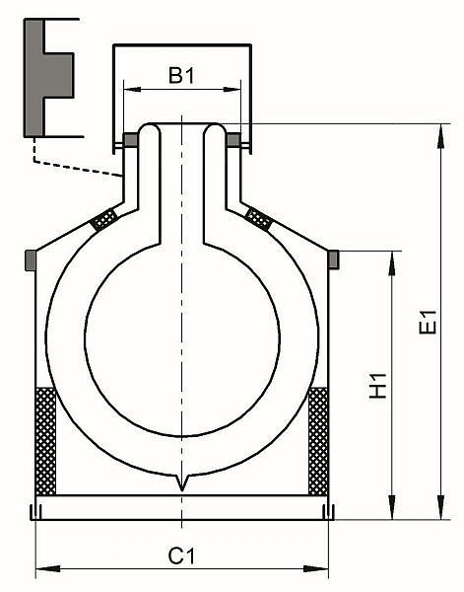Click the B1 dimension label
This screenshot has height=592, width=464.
(181, 76)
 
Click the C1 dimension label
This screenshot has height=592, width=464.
(182, 556)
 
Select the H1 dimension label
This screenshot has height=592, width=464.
(378, 386)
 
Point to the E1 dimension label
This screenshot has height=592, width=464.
(428, 322)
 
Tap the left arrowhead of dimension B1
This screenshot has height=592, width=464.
(132, 90)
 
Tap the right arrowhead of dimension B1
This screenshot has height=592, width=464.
(232, 90)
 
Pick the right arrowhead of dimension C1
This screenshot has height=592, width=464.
(316, 568)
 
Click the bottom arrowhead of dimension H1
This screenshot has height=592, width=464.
(392, 507)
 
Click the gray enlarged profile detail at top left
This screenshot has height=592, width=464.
(48, 78)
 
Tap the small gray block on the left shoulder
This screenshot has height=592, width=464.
(31, 260)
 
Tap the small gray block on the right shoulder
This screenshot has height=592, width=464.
(334, 259)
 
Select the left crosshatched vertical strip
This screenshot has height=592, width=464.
(45, 441)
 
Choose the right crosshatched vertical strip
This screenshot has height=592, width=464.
(318, 441)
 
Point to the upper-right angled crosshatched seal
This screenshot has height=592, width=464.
(258, 219)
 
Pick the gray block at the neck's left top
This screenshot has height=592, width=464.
(131, 140)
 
